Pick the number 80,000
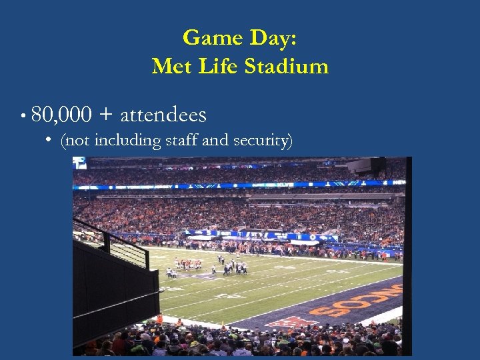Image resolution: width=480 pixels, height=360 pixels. (61, 115)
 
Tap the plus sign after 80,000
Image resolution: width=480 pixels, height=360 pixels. (105, 116)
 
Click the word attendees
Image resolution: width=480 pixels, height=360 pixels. (163, 115)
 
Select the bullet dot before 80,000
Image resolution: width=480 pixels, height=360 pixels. (23, 116)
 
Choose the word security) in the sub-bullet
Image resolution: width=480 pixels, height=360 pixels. (261, 141)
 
